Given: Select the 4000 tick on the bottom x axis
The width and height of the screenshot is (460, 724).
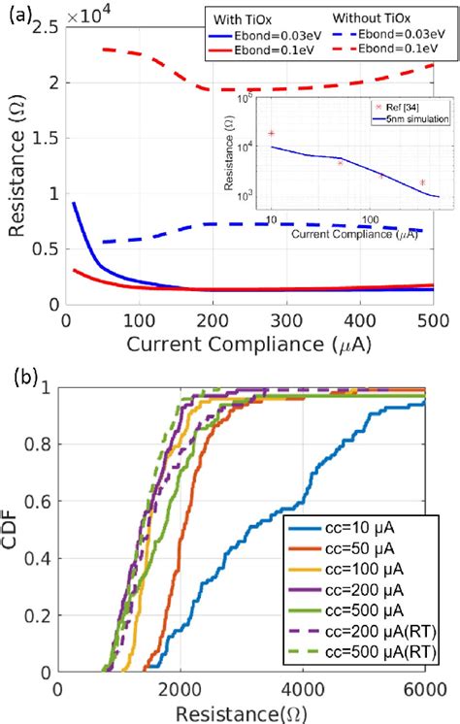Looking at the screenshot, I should coord(303,689).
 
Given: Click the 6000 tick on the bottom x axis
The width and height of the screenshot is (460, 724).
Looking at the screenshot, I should coord(424,689).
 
